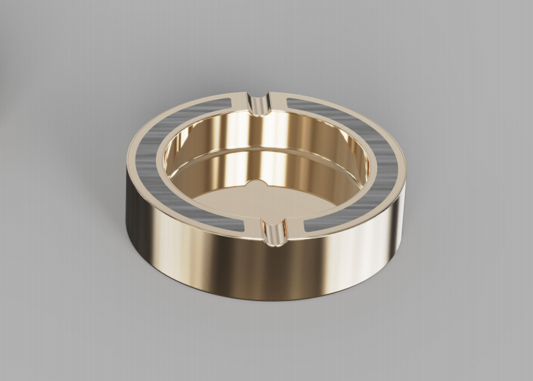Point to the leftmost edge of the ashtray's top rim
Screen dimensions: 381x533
click(125, 159)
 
